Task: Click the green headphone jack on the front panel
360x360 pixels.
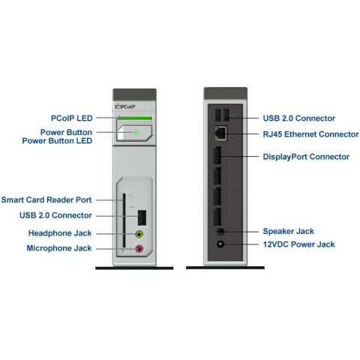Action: click(139, 235)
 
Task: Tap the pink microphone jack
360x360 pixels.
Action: click(139, 249)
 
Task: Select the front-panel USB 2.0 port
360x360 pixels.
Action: click(142, 218)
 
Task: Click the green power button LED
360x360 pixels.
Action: click(136, 133)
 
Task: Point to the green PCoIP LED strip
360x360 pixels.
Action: click(135, 118)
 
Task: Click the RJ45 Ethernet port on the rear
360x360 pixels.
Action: click(220, 133)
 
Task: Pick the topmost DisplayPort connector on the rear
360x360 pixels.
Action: click(217, 155)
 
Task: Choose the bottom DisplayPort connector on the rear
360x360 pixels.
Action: click(217, 217)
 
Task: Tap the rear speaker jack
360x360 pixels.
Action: click(220, 232)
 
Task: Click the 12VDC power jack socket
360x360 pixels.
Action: click(220, 244)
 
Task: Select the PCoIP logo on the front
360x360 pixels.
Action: click(125, 106)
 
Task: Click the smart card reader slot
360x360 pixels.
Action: click(124, 223)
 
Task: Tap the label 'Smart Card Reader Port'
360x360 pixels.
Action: click(46, 199)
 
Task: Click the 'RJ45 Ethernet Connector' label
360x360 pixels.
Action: click(310, 134)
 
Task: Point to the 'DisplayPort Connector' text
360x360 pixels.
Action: click(306, 157)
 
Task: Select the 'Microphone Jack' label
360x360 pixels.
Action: click(59, 248)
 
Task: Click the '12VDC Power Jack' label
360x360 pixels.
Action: click(298, 244)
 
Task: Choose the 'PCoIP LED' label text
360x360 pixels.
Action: click(72, 118)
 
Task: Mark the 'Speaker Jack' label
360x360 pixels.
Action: click(288, 231)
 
